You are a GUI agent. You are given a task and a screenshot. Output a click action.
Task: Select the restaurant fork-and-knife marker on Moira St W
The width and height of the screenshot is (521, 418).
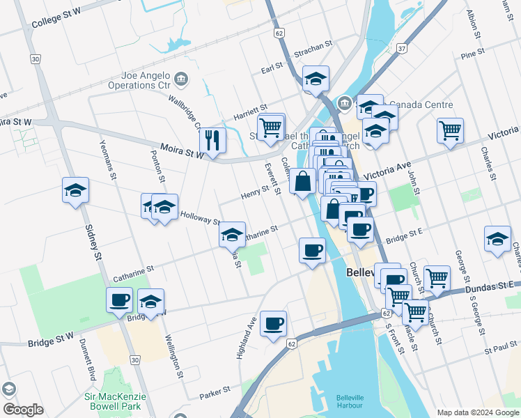pos(212,140)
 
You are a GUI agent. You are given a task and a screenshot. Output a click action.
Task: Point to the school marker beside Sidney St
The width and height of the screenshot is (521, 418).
pos(75,189)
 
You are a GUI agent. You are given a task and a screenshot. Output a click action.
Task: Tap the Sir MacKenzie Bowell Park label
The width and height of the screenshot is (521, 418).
pos(113,401)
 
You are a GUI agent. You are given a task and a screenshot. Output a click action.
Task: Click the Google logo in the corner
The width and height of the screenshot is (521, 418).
pos(23,410)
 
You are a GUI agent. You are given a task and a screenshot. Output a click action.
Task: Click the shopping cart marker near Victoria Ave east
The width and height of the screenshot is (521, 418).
pos(451,130)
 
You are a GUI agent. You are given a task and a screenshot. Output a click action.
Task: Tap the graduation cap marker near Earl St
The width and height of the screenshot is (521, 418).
pos(316,79)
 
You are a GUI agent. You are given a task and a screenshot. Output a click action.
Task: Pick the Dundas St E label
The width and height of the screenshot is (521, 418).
pos(492,286)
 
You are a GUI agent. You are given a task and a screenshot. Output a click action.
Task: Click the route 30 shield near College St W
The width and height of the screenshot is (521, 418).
pos(35,59)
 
